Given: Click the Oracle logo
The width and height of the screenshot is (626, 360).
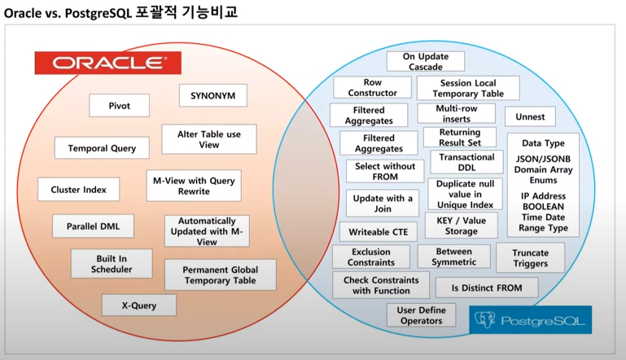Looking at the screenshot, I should tap(107, 63).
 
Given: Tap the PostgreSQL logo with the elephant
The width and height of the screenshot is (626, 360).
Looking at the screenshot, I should tap(531, 319).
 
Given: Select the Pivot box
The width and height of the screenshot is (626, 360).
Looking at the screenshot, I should tap(119, 106).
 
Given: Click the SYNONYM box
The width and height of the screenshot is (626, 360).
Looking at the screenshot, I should tap(212, 95).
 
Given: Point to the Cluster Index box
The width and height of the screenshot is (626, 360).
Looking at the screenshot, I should tap(79, 190).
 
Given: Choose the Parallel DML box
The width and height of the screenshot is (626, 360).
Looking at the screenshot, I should tap(93, 226).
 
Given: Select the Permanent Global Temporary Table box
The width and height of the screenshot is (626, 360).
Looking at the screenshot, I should tap(219, 274).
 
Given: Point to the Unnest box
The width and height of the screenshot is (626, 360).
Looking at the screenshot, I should tap(530, 116).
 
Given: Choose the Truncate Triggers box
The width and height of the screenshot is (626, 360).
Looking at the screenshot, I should tap(530, 258).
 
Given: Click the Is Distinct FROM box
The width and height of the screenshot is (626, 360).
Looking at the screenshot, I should tap(487, 287).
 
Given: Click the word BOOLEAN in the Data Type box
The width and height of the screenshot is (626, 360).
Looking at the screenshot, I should tap(544, 207).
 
